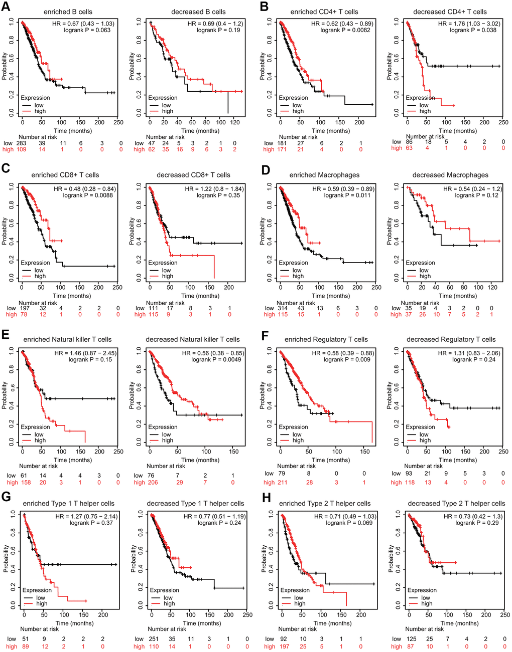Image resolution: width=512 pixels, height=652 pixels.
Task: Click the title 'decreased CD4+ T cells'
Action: pos(450,12)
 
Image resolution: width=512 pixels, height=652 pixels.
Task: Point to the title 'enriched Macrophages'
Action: pos(324,175)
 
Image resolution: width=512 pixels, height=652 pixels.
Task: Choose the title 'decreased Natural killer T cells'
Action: pos(193,339)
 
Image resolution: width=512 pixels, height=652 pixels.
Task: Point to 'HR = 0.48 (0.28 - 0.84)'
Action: pos(83,189)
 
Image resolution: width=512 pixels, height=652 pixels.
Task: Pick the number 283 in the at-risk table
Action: pos(21,143)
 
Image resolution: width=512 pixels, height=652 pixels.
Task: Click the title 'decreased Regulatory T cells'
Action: pos(451,339)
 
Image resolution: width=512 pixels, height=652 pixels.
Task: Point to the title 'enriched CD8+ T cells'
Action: pos(65,175)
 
